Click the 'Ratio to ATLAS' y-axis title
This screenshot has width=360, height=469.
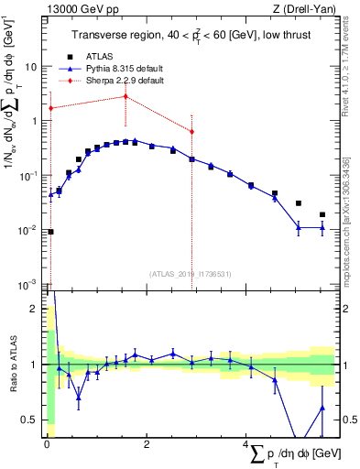click(12, 365)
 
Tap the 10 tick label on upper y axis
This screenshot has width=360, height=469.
click(32, 67)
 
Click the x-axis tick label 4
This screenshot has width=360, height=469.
click(245, 444)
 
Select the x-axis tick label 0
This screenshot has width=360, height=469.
click(46, 444)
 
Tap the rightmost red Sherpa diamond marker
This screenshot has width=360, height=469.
click(191, 132)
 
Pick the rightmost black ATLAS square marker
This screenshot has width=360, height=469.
click(322, 214)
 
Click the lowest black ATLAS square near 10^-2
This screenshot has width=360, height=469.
click(50, 232)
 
